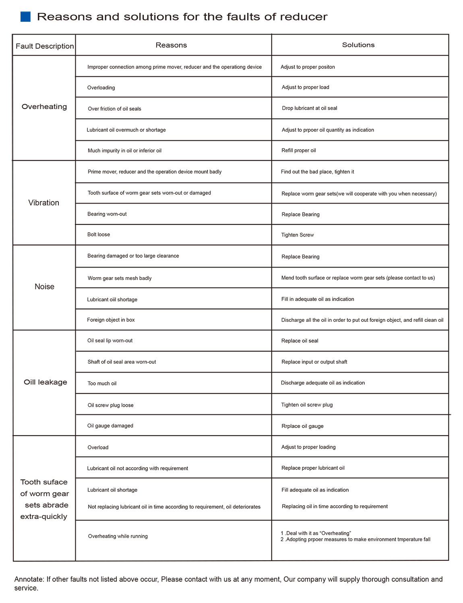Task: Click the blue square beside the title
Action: [x=25, y=16]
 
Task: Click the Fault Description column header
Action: [x=45, y=46]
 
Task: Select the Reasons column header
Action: [x=171, y=45]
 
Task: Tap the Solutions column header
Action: [x=358, y=45]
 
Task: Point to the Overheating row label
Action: [x=44, y=107]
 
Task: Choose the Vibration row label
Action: [x=44, y=203]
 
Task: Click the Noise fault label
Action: [x=44, y=286]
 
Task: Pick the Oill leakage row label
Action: [x=45, y=382]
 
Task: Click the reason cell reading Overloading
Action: [x=101, y=88]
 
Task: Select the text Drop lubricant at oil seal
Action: [x=309, y=108]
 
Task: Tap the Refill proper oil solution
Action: [x=298, y=150]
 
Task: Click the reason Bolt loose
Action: [x=99, y=235]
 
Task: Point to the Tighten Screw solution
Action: [x=297, y=235]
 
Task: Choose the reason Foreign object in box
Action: [x=111, y=320]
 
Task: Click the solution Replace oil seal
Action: [x=300, y=341]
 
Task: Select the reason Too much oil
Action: [x=102, y=383]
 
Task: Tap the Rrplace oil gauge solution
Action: [x=302, y=426]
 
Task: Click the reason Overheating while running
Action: [x=118, y=536]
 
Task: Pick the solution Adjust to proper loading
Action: [x=308, y=447]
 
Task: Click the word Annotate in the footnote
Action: [x=29, y=579]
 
